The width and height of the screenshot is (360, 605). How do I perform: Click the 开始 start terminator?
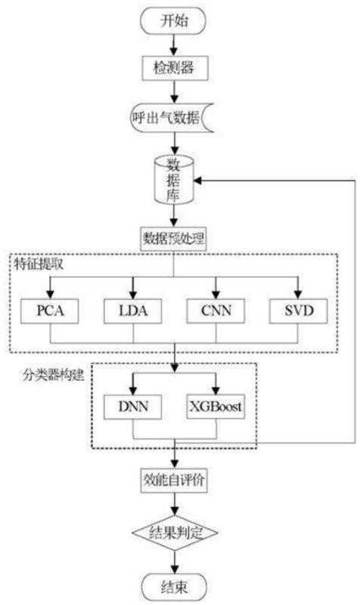click(173, 21)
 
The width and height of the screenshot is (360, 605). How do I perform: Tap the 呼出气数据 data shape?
click(172, 117)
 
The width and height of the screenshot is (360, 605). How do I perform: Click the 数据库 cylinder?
click(173, 179)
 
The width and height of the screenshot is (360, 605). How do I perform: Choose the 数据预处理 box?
click(173, 238)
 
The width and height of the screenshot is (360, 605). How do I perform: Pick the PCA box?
click(50, 311)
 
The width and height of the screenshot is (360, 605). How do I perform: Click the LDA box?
click(133, 311)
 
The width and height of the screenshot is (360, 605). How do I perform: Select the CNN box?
click(216, 311)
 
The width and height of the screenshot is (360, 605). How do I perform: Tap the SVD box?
click(298, 311)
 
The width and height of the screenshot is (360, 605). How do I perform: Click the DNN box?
click(133, 406)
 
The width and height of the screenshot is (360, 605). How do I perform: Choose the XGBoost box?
click(216, 406)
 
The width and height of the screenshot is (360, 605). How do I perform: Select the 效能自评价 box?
click(174, 480)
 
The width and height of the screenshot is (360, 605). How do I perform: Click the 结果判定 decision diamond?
click(175, 533)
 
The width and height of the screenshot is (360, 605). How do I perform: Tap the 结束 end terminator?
click(174, 587)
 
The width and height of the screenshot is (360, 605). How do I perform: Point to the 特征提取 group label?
click(39, 264)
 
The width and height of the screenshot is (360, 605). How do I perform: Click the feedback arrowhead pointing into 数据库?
click(198, 180)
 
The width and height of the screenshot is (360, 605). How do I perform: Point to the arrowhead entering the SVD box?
click(297, 293)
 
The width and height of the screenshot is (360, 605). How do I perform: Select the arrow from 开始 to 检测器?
click(174, 45)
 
